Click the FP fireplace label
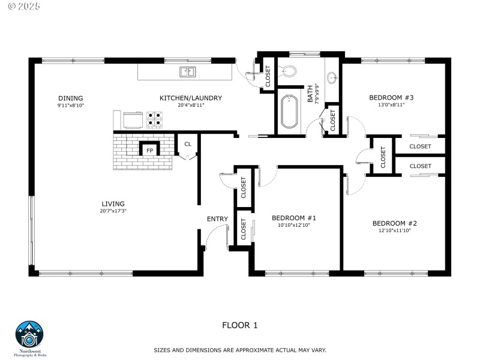point(149,150)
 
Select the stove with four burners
point(154,120)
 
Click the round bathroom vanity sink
point(332,77)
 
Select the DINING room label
point(70,98)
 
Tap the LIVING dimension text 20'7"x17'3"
point(113,211)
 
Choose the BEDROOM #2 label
point(394,223)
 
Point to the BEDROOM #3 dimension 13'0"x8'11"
point(391,104)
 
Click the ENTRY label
point(217,219)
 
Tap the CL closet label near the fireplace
point(188,144)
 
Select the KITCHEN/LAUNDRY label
point(191,98)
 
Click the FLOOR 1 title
point(239,325)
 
